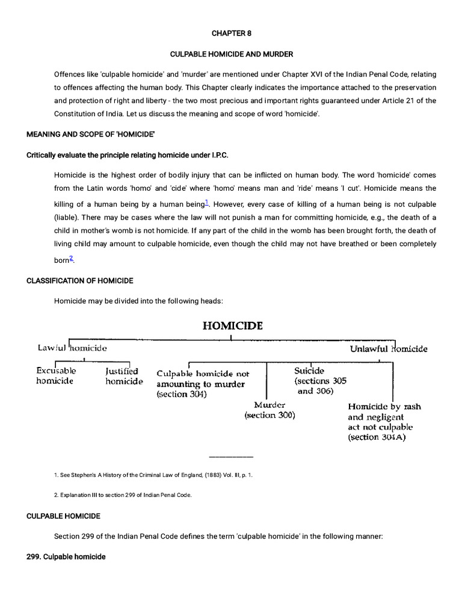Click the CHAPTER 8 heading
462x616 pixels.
(231, 34)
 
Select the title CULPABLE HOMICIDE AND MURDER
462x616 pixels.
(231, 54)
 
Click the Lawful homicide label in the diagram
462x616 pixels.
(72, 348)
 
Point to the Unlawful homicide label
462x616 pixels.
(389, 348)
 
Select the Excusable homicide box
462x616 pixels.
(56, 376)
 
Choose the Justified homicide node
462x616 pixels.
(124, 376)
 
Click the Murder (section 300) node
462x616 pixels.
(269, 410)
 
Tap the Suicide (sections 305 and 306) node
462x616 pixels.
(319, 381)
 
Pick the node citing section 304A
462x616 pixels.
(384, 422)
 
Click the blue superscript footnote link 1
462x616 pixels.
(206, 202)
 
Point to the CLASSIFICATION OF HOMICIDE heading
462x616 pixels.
(80, 281)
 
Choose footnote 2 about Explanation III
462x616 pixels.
(123, 495)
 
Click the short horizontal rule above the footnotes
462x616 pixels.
(231, 457)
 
